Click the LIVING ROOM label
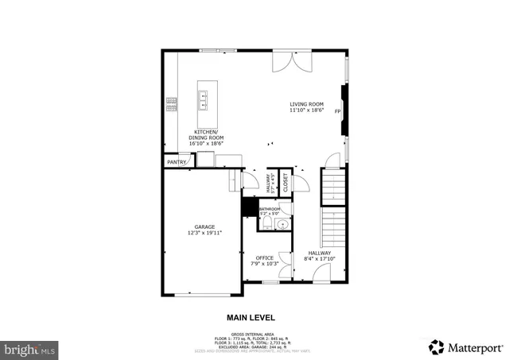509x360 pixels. click(x=306, y=104)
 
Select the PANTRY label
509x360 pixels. click(x=176, y=162)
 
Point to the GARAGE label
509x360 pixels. click(x=204, y=226)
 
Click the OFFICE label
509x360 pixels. click(x=264, y=257)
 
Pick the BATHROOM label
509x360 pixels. click(x=270, y=209)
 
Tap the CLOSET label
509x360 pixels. click(x=285, y=182)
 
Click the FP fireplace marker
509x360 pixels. click(x=337, y=111)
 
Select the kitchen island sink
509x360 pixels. click(x=204, y=99)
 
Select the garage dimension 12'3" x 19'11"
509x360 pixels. click(x=204, y=233)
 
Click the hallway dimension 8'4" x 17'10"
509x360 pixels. click(x=320, y=258)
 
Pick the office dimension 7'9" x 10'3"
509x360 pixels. click(x=264, y=263)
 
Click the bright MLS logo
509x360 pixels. click(x=30, y=348)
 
